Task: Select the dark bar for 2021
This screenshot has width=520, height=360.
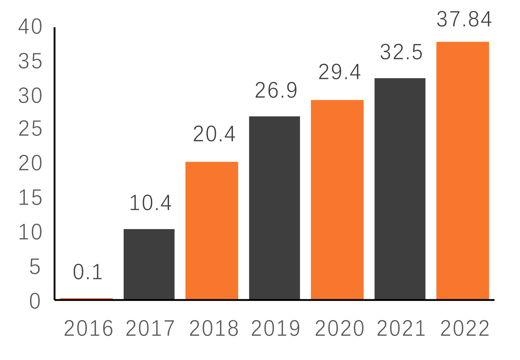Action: tap(400, 189)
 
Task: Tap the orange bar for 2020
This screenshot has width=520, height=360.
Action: tap(337, 199)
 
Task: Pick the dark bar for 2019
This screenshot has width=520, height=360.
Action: tap(274, 208)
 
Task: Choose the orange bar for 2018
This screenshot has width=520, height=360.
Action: tap(212, 230)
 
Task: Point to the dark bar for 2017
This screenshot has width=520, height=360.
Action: tap(149, 264)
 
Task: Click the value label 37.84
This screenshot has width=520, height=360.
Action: tap(464, 20)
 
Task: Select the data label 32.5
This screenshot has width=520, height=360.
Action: tap(401, 52)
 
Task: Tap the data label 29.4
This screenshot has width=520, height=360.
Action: tap(339, 72)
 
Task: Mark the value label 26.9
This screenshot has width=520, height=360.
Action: tap(276, 91)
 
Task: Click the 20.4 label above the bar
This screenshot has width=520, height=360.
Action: tap(214, 134)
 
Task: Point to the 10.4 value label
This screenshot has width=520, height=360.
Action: tap(151, 203)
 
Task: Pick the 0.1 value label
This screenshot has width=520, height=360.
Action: tap(88, 272)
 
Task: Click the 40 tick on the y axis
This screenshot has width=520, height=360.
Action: tap(30, 27)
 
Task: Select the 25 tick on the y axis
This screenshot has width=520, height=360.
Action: tap(30, 129)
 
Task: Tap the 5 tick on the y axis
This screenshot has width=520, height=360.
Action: tap(35, 267)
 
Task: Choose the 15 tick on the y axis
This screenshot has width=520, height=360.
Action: tap(30, 198)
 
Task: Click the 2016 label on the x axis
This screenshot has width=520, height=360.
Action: tap(88, 329)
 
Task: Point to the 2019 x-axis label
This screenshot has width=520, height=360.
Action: tap(276, 329)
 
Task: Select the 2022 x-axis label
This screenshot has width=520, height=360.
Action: tap(465, 329)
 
